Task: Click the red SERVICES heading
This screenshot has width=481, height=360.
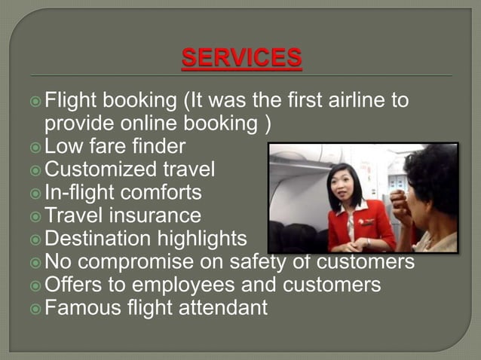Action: [x=241, y=57]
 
